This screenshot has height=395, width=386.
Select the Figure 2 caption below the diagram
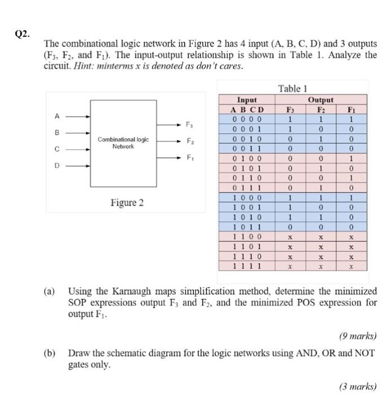(x=127, y=203)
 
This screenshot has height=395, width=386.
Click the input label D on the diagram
(x=57, y=166)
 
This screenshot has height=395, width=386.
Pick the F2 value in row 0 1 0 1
(x=321, y=169)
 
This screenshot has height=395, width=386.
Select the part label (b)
(x=50, y=353)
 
